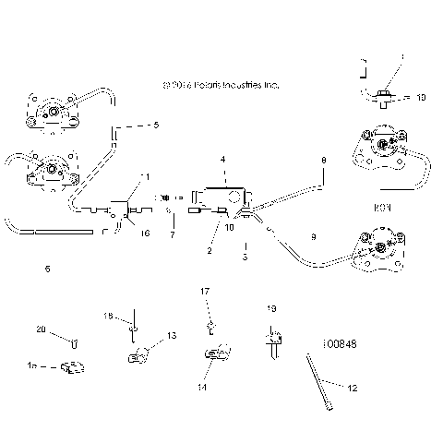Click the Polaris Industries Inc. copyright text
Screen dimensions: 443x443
[220, 84]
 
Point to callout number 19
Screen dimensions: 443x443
[271, 308]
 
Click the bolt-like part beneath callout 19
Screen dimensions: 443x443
[273, 342]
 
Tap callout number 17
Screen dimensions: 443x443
[206, 292]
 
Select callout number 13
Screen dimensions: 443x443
[172, 336]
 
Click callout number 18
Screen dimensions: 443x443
[107, 317]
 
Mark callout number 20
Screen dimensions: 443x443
[40, 330]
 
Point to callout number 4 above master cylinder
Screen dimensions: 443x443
[221, 160]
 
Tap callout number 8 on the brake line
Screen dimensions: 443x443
[323, 162]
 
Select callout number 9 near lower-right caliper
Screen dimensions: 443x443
[313, 238]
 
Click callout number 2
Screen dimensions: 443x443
[210, 250]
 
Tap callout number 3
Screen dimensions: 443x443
[245, 257]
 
